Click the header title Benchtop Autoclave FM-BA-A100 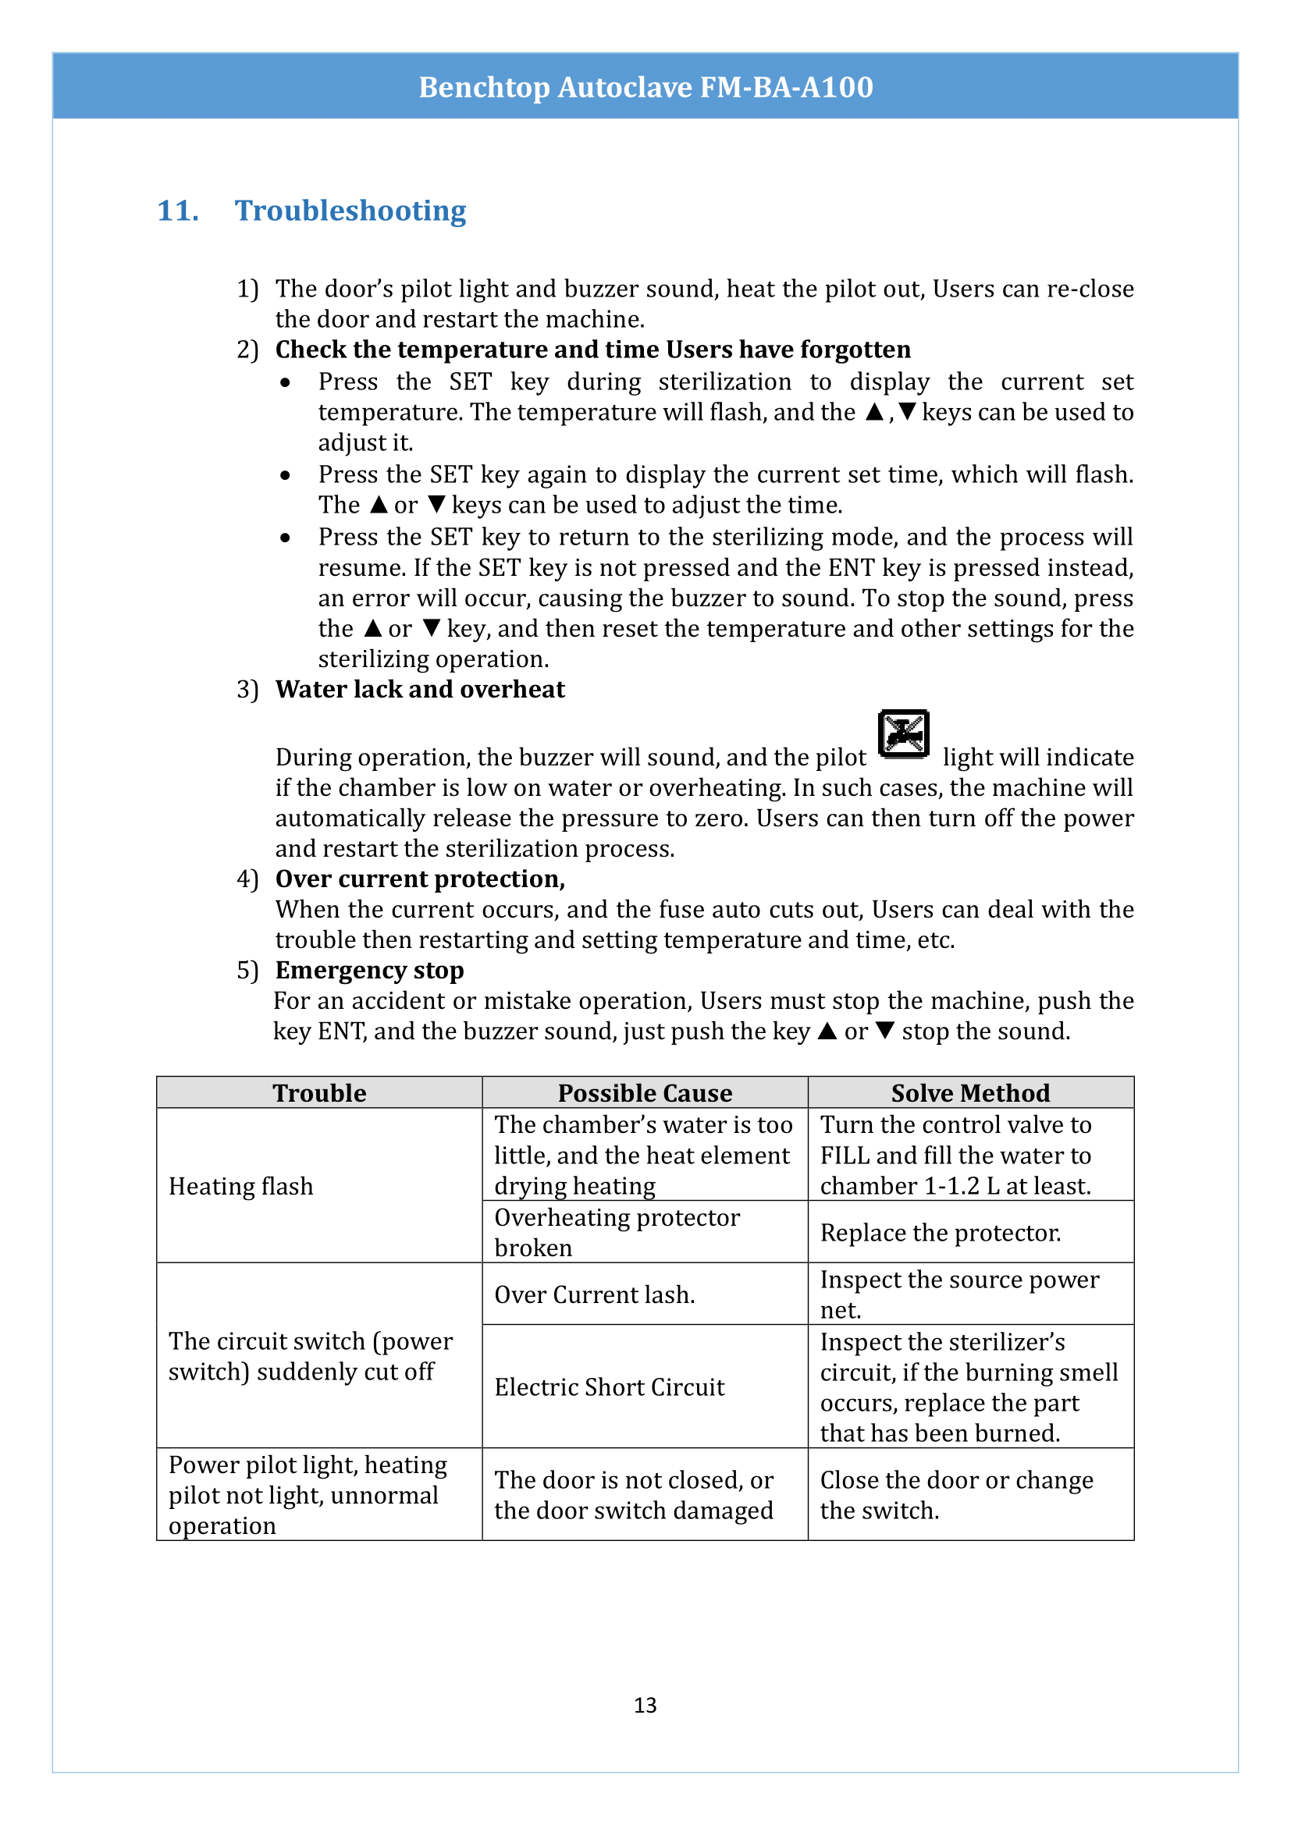click(645, 87)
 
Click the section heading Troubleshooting click(350, 211)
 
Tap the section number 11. click(177, 211)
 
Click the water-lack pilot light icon click(903, 733)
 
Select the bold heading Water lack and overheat click(420, 689)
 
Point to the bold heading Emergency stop click(370, 970)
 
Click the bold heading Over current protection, click(420, 879)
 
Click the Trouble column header click(319, 1093)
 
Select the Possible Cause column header click(645, 1093)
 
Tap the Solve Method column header click(970, 1093)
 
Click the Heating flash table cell click(241, 1186)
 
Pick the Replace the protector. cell click(941, 1232)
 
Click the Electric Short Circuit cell click(610, 1387)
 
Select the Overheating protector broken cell click(617, 1232)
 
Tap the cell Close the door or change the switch click(956, 1494)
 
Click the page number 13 click(645, 1704)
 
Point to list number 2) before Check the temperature click(247, 350)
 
